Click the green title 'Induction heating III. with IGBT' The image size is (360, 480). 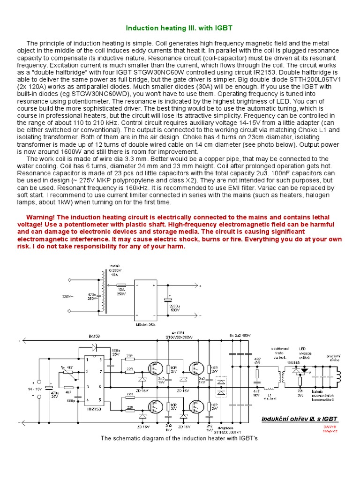tap(180, 29)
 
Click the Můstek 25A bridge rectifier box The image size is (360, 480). tap(145, 300)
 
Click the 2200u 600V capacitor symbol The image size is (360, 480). tap(165, 300)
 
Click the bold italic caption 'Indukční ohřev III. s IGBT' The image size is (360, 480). tap(299, 419)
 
